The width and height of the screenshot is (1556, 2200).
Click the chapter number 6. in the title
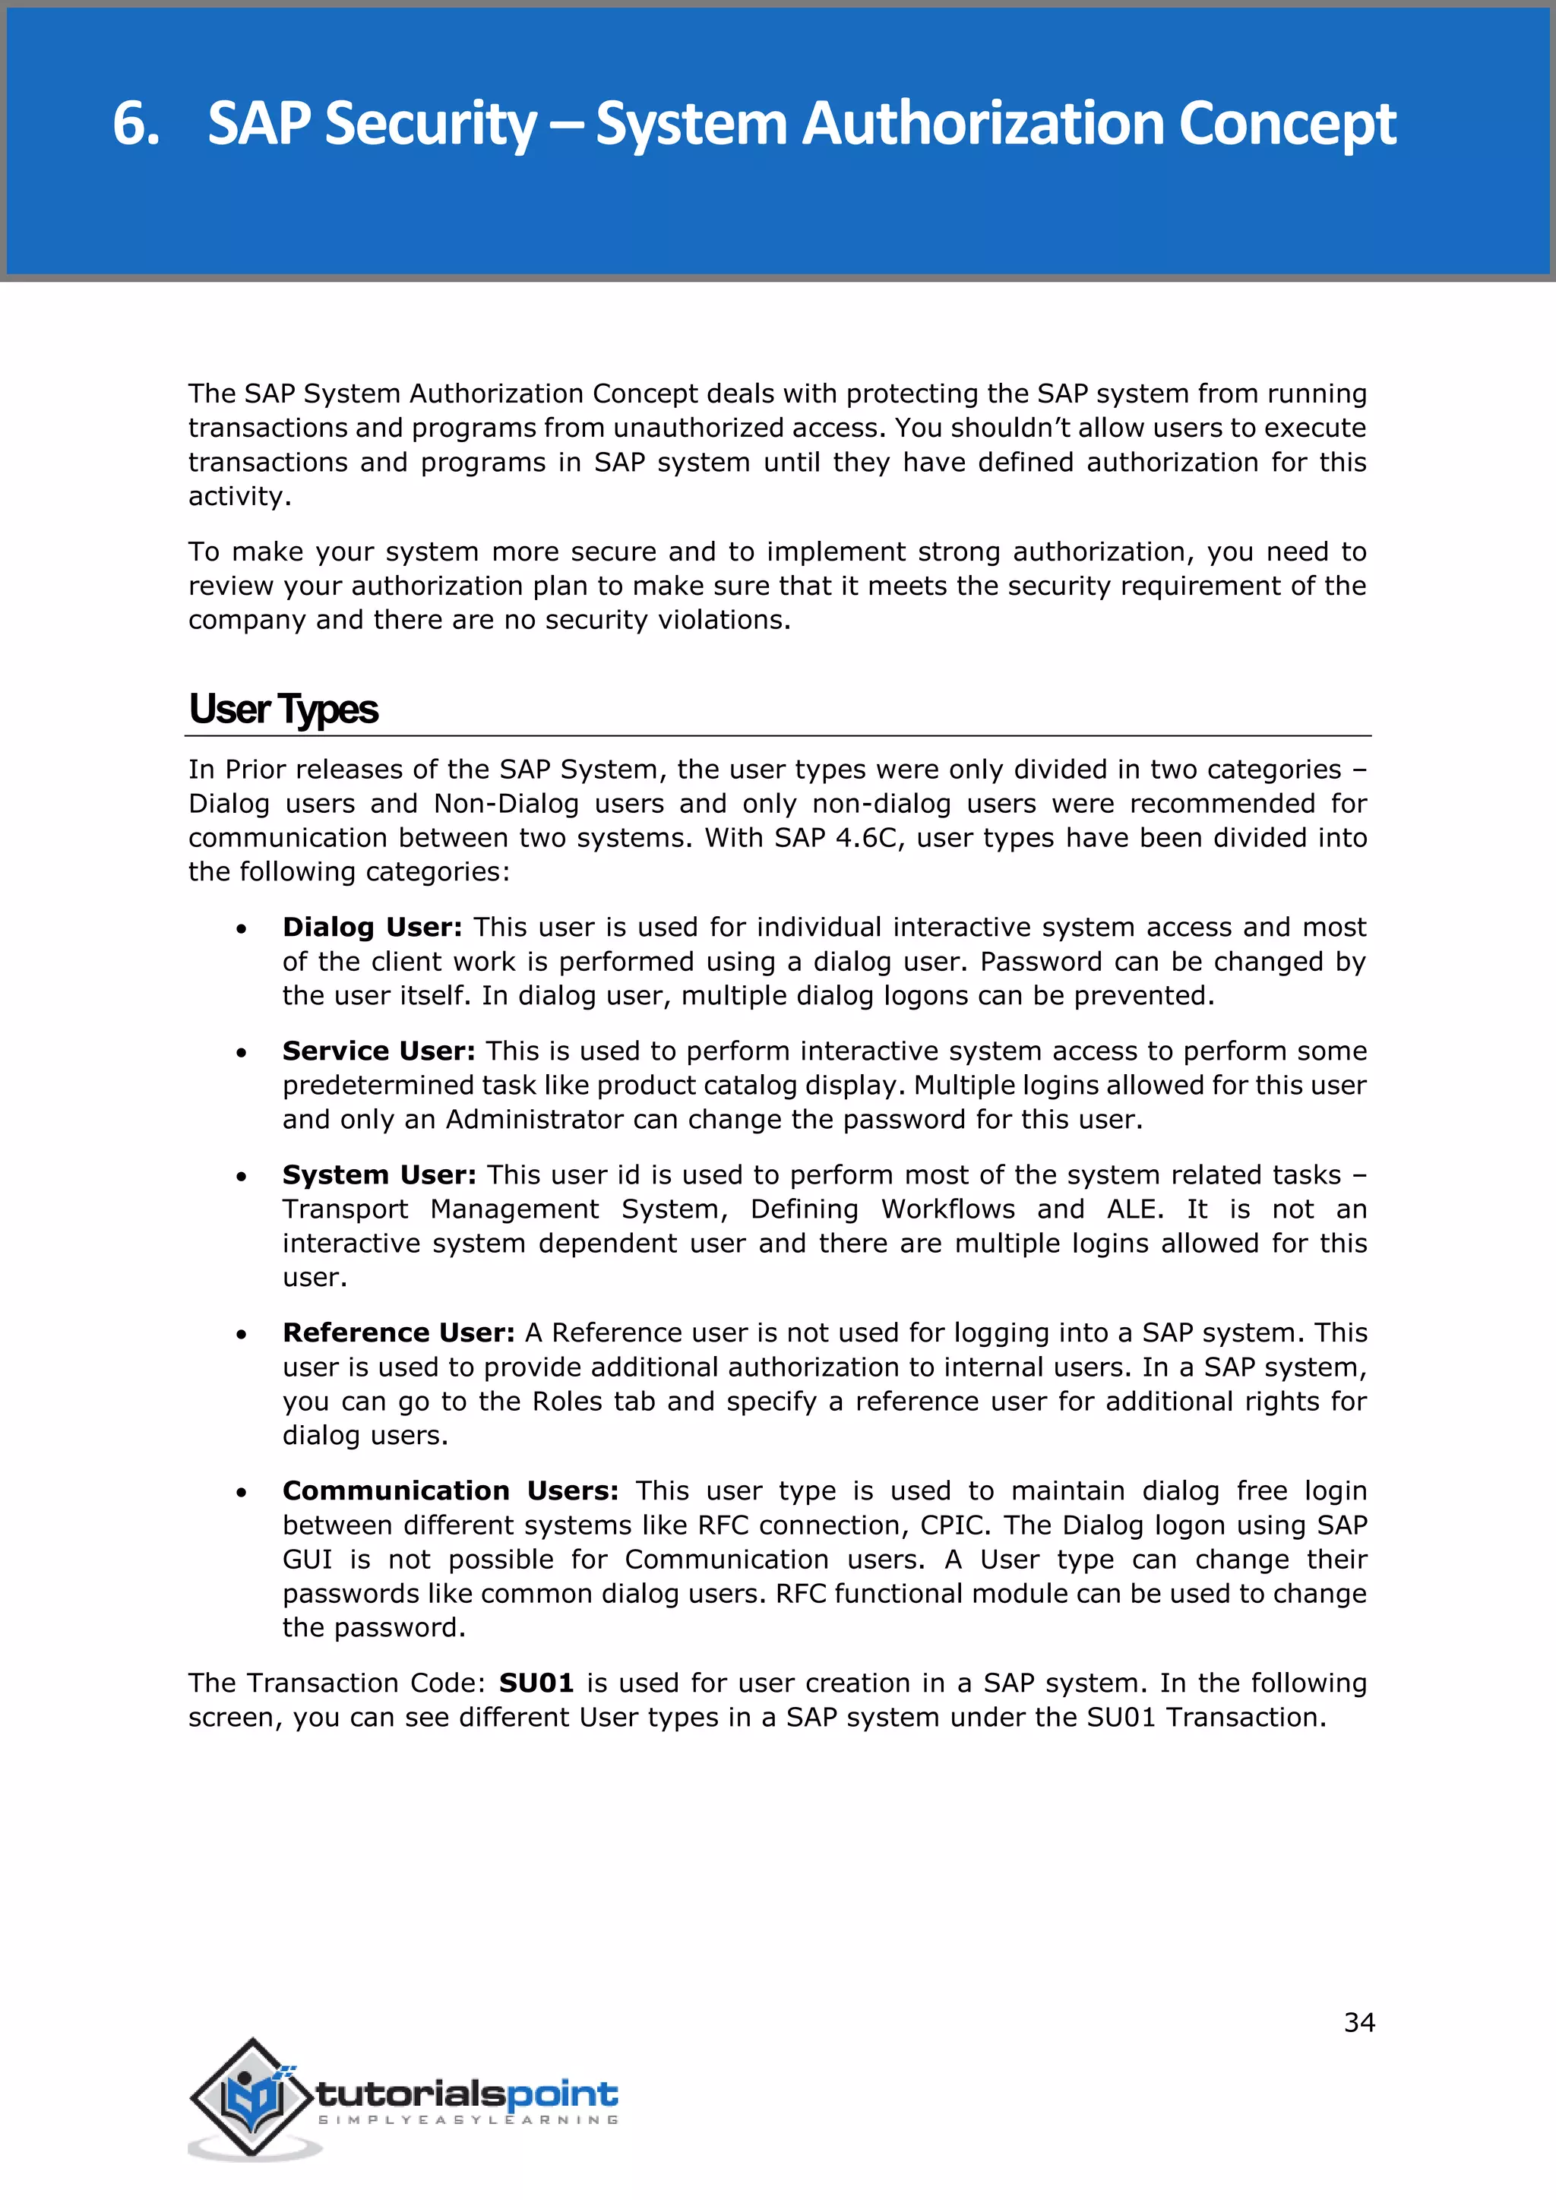(135, 125)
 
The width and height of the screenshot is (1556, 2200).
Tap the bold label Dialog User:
(372, 928)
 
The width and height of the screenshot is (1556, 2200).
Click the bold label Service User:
(378, 1051)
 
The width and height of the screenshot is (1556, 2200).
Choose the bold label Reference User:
(399, 1333)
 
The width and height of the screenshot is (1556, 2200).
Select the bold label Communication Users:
(451, 1491)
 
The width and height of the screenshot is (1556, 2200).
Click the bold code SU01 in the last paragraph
(536, 1683)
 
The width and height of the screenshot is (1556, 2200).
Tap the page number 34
(1358, 2023)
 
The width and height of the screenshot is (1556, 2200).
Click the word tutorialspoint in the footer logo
(466, 2094)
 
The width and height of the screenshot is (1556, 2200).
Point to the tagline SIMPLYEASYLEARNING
(467, 2120)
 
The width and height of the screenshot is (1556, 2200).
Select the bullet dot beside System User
(242, 1177)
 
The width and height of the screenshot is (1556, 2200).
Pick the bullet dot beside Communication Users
(242, 1493)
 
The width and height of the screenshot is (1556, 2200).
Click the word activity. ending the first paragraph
(239, 496)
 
